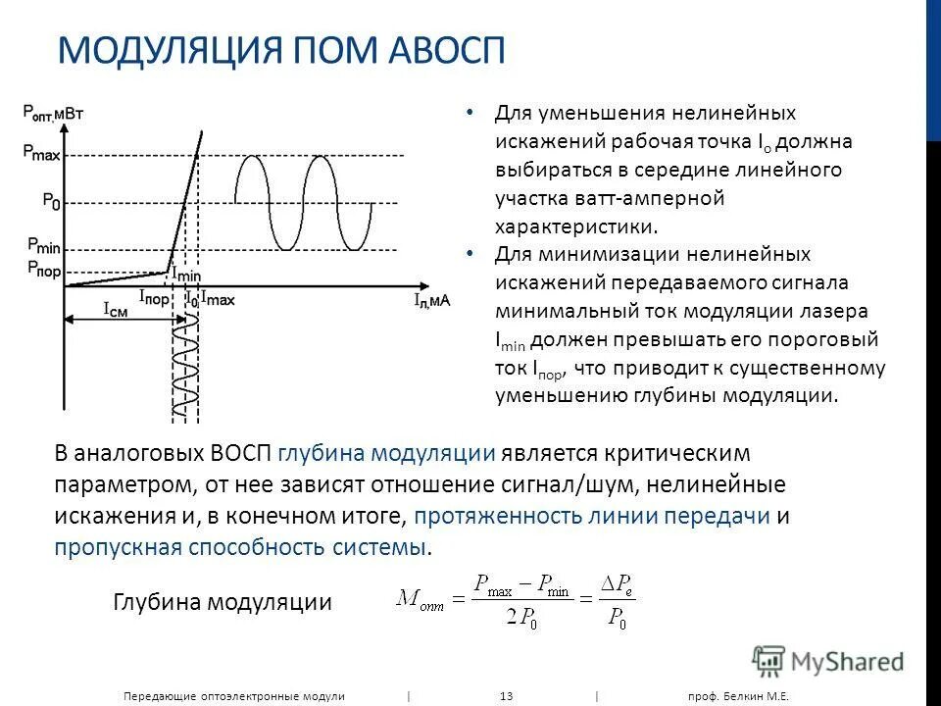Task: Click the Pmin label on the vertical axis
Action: point(43,246)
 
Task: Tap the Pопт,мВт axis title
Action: point(53,113)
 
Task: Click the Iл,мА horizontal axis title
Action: point(431,300)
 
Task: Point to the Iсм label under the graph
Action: point(115,308)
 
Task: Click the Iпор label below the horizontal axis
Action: point(154,295)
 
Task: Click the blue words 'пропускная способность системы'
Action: point(241,547)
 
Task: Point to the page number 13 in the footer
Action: point(507,695)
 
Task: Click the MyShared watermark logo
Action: point(828,661)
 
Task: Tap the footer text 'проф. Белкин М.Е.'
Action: point(737,695)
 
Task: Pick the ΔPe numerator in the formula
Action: point(618,584)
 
